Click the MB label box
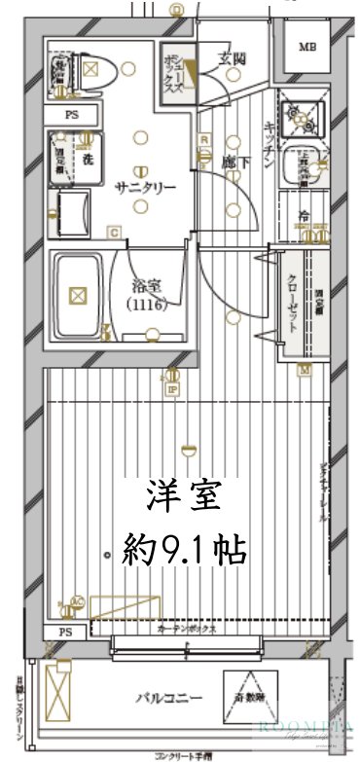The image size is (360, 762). (307, 48)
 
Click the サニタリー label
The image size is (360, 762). (145, 188)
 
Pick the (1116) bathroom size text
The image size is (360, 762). (147, 304)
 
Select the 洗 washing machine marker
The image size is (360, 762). (87, 159)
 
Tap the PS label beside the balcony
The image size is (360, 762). (65, 633)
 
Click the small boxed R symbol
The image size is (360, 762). (204, 138)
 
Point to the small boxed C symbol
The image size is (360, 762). (114, 232)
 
